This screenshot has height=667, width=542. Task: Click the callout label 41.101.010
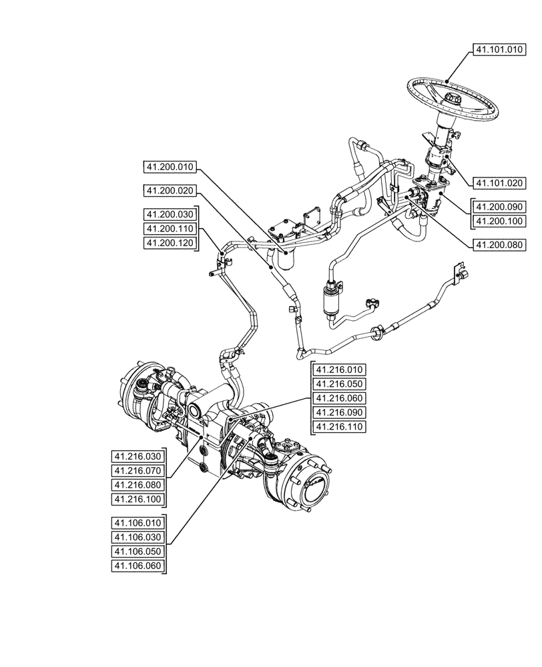pyautogui.click(x=501, y=49)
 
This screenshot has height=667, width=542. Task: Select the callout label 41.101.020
pyautogui.click(x=501, y=182)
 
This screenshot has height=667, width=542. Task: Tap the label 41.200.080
pyautogui.click(x=501, y=245)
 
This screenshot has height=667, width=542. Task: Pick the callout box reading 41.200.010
pyautogui.click(x=170, y=166)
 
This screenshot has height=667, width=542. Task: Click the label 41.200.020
pyautogui.click(x=170, y=191)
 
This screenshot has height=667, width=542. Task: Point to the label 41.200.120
pyautogui.click(x=170, y=243)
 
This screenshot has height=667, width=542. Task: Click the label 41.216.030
pyautogui.click(x=138, y=456)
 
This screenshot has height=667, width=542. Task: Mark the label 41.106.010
pyautogui.click(x=138, y=523)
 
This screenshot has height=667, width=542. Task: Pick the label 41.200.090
pyautogui.click(x=501, y=206)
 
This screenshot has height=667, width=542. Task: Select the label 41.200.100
pyautogui.click(x=501, y=221)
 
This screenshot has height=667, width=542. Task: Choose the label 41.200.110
pyautogui.click(x=170, y=229)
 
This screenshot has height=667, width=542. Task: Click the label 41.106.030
pyautogui.click(x=138, y=538)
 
